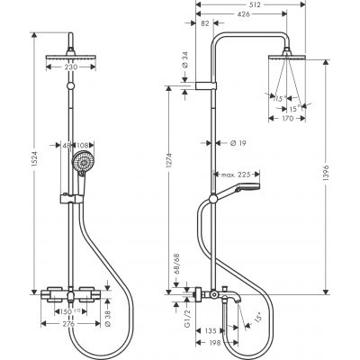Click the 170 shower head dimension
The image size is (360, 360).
tap(288, 117)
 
